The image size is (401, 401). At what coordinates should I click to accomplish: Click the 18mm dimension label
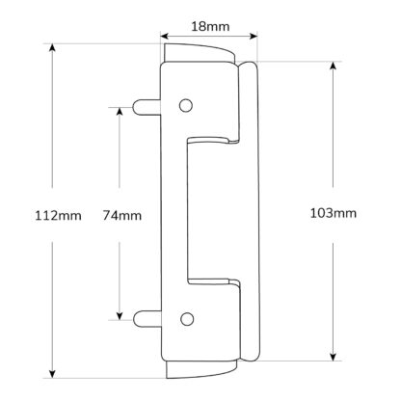tap(210, 26)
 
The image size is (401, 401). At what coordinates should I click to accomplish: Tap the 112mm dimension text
tap(58, 215)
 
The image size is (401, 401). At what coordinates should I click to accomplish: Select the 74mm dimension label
tap(122, 215)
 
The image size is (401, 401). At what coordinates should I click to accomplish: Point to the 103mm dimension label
tap(334, 213)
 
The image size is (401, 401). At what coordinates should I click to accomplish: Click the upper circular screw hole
tap(186, 105)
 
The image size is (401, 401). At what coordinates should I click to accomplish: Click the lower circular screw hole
tap(187, 319)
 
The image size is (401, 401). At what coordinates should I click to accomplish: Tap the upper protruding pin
tap(147, 107)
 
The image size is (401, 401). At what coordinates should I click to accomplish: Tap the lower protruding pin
tap(147, 318)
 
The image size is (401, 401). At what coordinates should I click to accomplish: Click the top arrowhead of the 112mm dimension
tap(52, 47)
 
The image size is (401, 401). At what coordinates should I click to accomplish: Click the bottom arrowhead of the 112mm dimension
tap(52, 374)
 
